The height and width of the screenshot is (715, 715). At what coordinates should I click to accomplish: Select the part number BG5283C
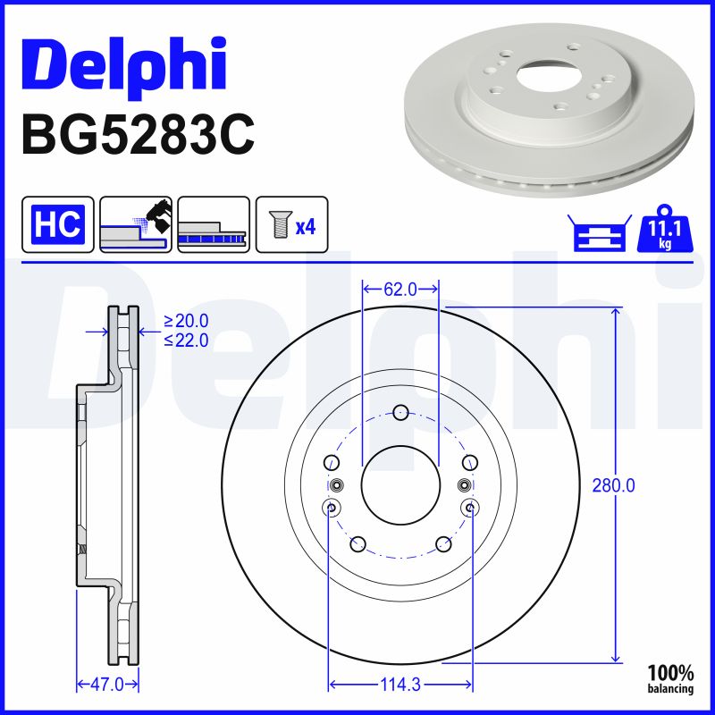(x=138, y=135)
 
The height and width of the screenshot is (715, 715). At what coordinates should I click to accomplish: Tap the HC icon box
(x=58, y=224)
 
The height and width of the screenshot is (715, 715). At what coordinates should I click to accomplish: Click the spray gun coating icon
(x=136, y=224)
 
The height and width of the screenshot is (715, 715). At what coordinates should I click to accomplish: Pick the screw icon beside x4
(x=279, y=224)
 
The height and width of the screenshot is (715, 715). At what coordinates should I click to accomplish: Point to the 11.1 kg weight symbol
(x=665, y=229)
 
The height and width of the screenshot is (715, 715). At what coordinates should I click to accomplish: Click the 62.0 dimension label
(x=400, y=289)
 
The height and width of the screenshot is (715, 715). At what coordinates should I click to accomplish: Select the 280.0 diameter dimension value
(x=613, y=486)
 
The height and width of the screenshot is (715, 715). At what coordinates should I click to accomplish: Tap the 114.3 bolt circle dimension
(x=400, y=685)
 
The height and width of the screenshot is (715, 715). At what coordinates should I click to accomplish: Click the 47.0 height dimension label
(x=107, y=685)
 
